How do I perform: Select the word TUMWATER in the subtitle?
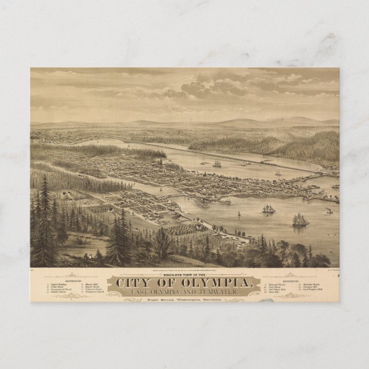tap(224, 293)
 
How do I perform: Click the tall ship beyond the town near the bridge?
tap(217, 164)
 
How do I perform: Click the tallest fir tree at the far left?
tap(45, 218)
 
